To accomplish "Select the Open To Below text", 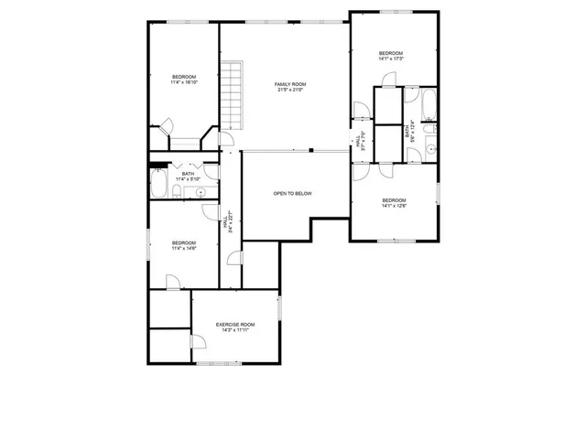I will coord(293,193).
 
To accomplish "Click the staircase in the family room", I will coord(236,96).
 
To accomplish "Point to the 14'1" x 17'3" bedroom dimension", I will coord(391,59).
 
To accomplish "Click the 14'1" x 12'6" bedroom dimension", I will coord(394,206).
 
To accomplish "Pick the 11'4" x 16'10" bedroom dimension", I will coord(184,81).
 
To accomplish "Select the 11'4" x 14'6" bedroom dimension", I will coord(183,248).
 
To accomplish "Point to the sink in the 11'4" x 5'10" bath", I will coord(201,191).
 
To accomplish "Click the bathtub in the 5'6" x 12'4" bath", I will coord(430,105).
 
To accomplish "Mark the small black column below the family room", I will coord(311,150).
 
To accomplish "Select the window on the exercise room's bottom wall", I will coord(220,363).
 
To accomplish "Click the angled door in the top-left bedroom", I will coord(166,127).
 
